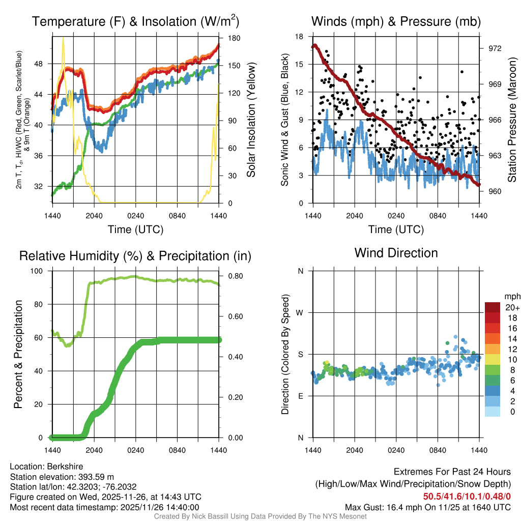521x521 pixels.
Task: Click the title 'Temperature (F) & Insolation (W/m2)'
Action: (x=135, y=21)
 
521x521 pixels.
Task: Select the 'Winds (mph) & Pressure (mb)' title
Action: (x=396, y=21)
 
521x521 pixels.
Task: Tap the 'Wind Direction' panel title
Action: (x=396, y=252)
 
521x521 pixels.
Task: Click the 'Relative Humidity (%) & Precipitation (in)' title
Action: (x=135, y=256)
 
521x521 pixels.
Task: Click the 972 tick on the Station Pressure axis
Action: (x=495, y=48)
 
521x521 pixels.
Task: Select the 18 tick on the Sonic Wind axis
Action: (x=299, y=37)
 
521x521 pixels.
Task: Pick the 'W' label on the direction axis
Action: (x=300, y=312)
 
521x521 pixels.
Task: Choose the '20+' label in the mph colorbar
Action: (x=511, y=307)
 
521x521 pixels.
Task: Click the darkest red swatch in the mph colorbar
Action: (x=492, y=307)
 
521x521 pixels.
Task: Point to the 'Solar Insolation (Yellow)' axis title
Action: (x=251, y=120)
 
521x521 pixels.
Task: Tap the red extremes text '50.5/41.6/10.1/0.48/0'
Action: (x=467, y=496)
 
